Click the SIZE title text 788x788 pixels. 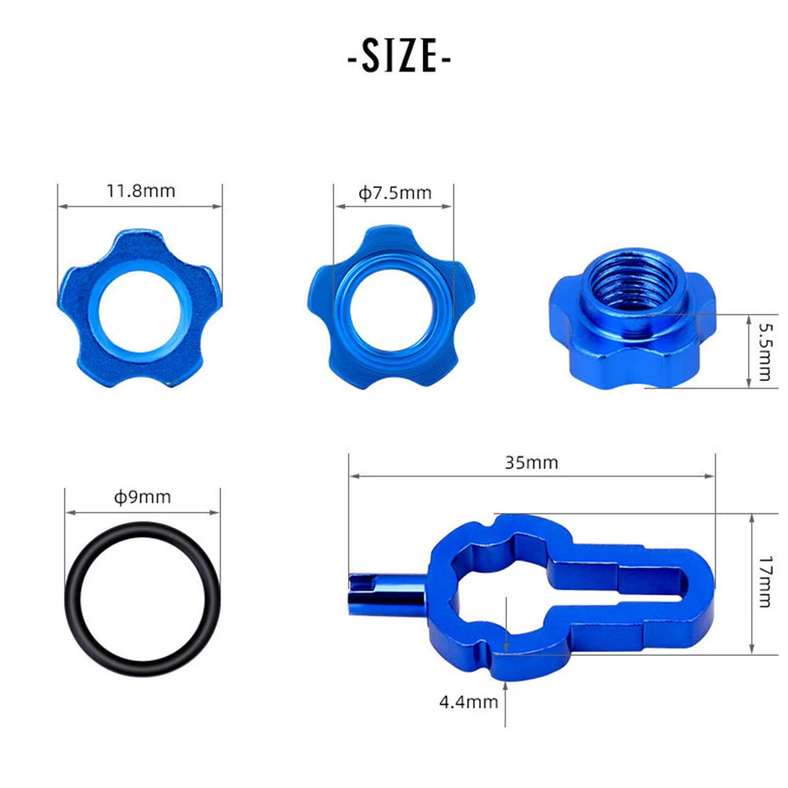(x=400, y=56)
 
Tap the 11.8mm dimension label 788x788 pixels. (x=141, y=191)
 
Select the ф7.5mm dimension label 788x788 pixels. (x=394, y=193)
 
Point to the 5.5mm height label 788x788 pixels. (x=765, y=351)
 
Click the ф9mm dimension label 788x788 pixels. (x=142, y=497)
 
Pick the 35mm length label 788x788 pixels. (x=531, y=462)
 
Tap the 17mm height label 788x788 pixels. (x=765, y=582)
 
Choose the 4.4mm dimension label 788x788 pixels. (x=468, y=702)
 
